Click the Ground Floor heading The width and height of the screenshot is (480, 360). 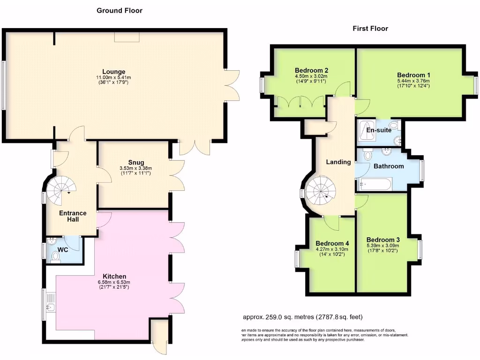(x=120, y=10)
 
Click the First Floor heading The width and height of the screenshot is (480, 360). (x=370, y=29)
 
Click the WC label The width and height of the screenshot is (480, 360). (x=63, y=250)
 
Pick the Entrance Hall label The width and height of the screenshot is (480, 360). (x=72, y=216)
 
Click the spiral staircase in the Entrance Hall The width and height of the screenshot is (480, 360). (x=61, y=188)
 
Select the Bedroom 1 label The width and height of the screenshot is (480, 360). (x=413, y=75)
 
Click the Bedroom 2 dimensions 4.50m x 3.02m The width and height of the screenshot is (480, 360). (x=311, y=76)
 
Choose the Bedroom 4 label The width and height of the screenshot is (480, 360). (x=332, y=243)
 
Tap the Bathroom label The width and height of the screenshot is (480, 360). (x=389, y=166)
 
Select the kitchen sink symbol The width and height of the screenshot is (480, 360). (x=51, y=307)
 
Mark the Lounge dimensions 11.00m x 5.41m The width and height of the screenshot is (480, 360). (x=113, y=77)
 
